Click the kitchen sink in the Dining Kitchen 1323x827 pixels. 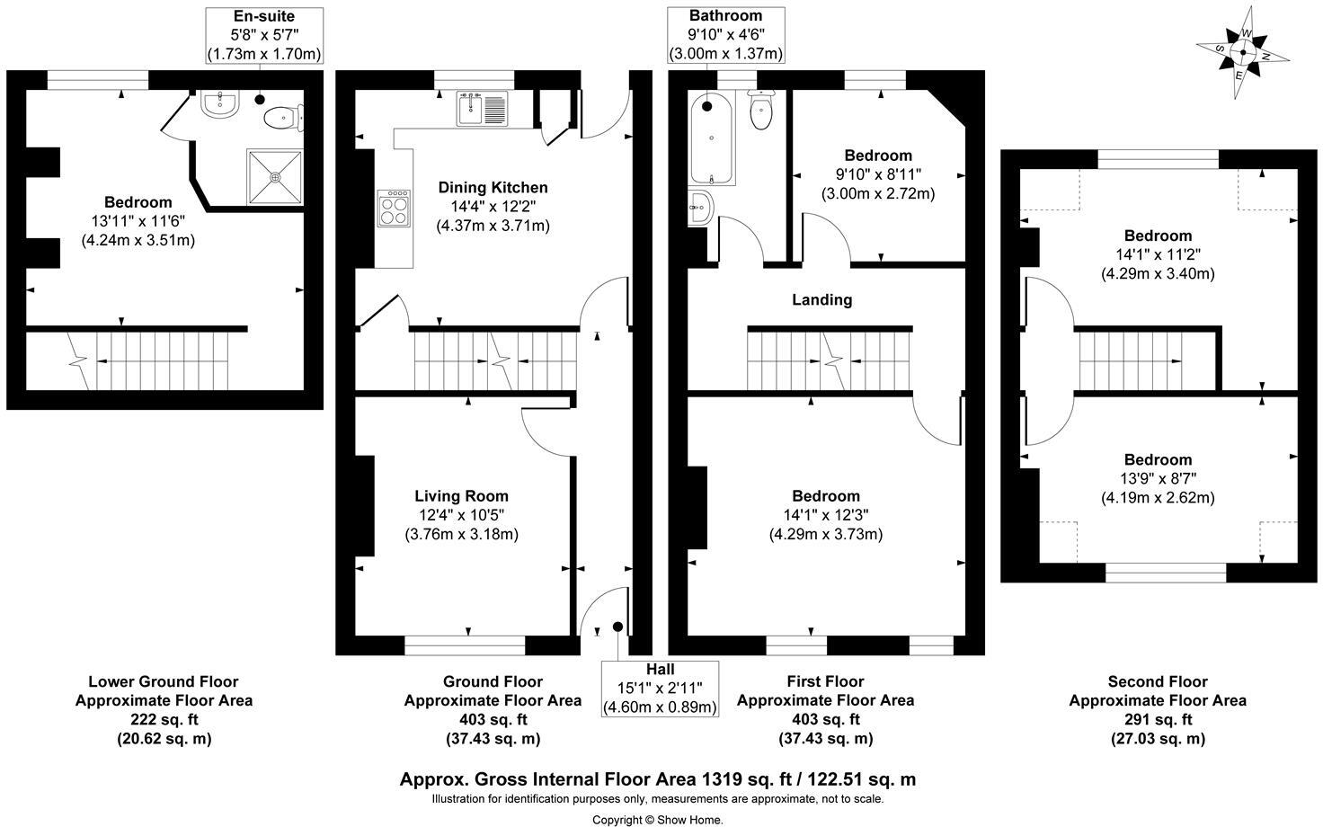(483, 109)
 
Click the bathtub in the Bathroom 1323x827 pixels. (711, 138)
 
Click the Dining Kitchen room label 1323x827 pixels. (493, 187)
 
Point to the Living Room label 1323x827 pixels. (461, 495)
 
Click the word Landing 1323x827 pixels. (821, 299)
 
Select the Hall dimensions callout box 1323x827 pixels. (660, 689)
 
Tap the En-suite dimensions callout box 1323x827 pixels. (263, 35)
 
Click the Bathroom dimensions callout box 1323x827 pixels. (725, 35)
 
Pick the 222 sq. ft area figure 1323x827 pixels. (164, 719)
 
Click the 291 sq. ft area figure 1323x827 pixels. (1157, 719)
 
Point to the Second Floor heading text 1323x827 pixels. (1157, 681)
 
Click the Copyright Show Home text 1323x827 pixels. (657, 819)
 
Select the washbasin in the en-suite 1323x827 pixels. (218, 105)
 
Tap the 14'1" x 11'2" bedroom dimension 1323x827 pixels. (1158, 254)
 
